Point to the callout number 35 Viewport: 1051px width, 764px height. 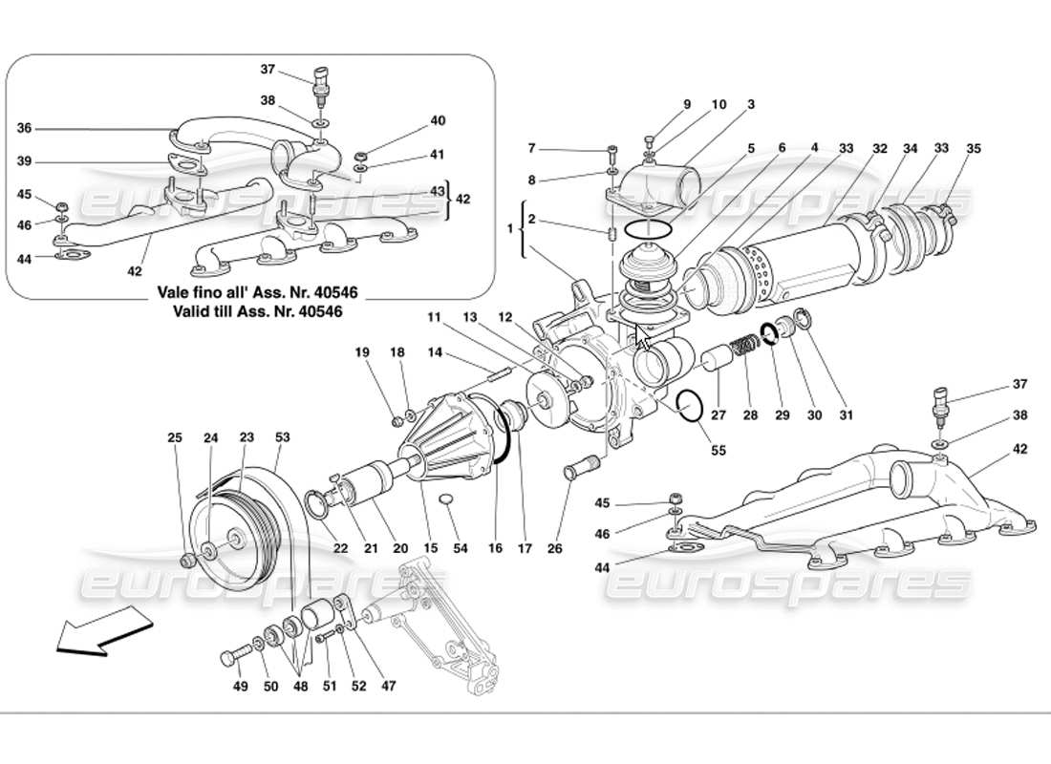[973, 149]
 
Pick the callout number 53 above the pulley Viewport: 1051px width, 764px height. [282, 437]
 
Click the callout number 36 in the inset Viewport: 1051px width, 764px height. [25, 128]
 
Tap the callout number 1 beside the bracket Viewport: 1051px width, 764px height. [510, 229]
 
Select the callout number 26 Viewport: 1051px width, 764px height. [555, 548]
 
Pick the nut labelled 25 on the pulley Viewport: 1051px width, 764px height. [189, 559]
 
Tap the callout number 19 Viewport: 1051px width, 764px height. [362, 352]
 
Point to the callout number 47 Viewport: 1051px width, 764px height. [389, 685]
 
